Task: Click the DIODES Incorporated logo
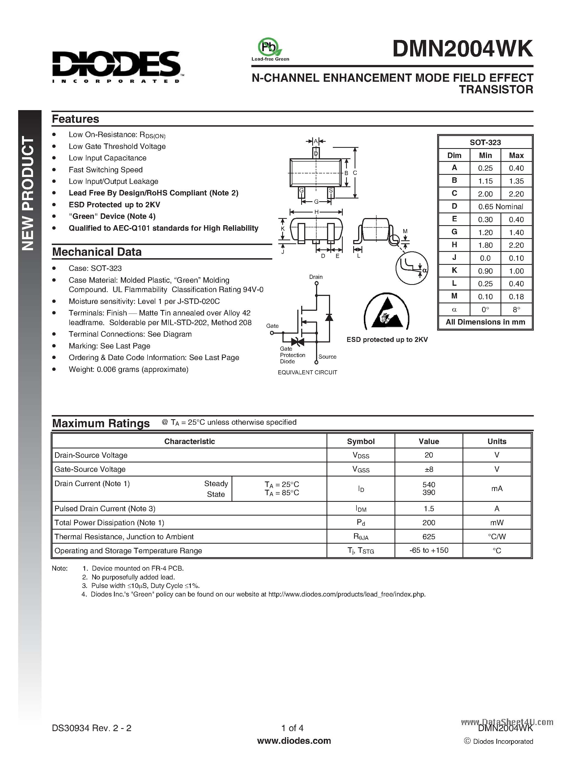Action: tap(116, 66)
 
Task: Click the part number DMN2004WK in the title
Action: tap(463, 49)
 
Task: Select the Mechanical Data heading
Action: tap(97, 252)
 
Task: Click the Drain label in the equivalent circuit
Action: tap(316, 277)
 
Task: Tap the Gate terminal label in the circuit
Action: tap(272, 326)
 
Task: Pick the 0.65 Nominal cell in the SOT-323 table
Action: tap(500, 206)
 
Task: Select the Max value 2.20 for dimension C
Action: tap(516, 194)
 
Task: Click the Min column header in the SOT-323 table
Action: tap(485, 155)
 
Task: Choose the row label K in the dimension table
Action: tap(454, 270)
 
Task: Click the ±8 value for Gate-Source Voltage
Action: tap(429, 469)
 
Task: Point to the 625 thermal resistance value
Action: tap(429, 537)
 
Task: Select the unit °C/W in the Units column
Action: tap(497, 537)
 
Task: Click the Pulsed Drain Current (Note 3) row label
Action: tap(105, 508)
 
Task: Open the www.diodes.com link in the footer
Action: tap(294, 741)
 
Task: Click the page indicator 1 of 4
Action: tap(292, 728)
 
